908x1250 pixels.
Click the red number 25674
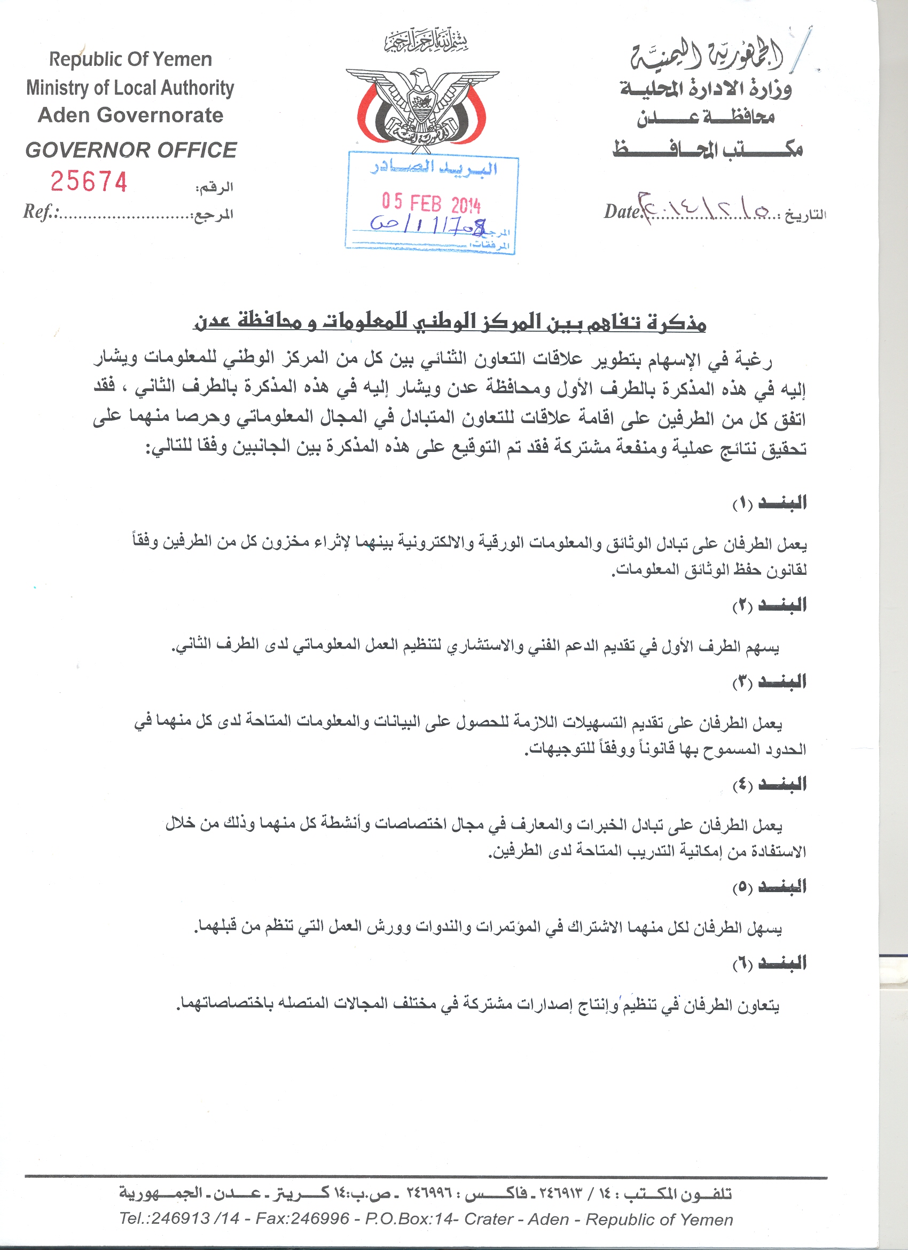point(89,182)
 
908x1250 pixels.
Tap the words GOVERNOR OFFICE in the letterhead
point(131,150)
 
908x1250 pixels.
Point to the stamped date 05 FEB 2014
point(431,204)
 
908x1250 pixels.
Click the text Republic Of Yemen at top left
point(130,59)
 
